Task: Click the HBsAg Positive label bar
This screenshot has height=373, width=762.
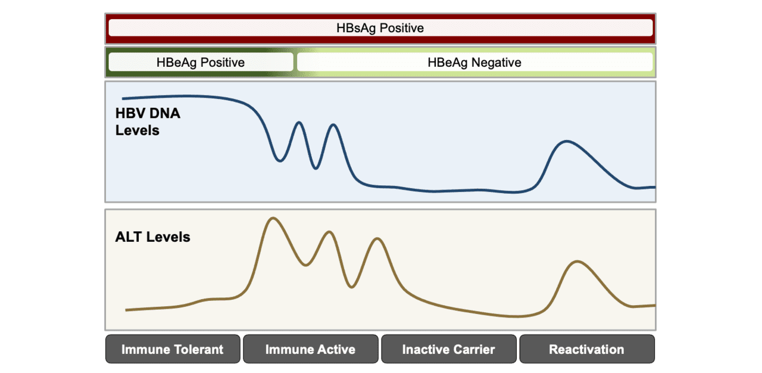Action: coord(380,28)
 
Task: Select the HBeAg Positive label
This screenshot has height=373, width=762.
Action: coord(201,62)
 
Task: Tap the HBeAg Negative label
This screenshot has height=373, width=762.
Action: coord(474,62)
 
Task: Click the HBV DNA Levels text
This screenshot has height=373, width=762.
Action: coord(148,122)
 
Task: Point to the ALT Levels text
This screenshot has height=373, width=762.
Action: coord(152,237)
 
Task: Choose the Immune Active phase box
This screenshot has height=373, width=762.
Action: coord(310,349)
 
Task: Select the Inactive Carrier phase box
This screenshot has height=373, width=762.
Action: coord(448,349)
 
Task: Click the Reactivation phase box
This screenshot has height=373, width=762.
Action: coord(586,349)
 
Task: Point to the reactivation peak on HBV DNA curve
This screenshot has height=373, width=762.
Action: coord(566,141)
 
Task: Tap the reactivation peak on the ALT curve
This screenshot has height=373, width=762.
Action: coord(576,261)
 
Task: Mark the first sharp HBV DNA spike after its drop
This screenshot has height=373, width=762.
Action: coord(299,123)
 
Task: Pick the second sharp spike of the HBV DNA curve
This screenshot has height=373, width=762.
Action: coord(333,125)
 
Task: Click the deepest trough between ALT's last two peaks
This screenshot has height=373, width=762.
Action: coord(352,287)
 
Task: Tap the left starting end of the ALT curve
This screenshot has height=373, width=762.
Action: coord(126,310)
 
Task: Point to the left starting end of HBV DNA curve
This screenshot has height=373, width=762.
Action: coord(123,98)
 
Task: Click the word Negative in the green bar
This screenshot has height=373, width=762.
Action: coord(496,62)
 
